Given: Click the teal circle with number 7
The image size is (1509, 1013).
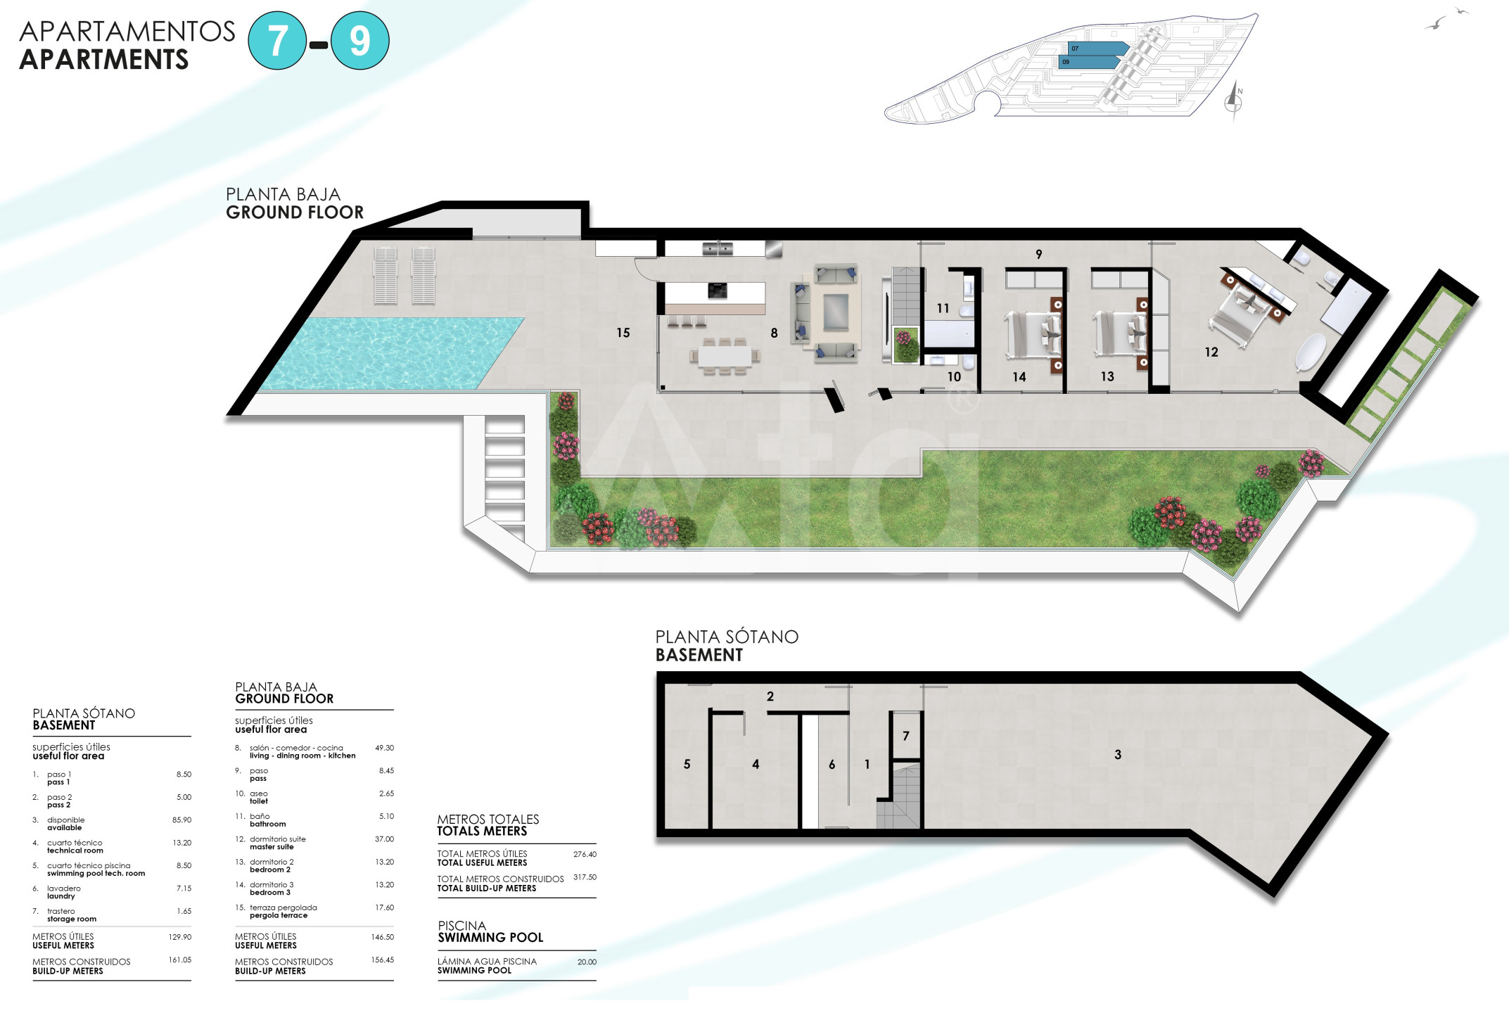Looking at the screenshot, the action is coord(278,41).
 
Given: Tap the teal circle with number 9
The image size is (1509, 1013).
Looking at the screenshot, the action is coord(360,41).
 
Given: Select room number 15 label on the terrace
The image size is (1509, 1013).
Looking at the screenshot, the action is coord(623,333).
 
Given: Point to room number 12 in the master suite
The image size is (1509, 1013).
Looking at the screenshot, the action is coord(1211,352).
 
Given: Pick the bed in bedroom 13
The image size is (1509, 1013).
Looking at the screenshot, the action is coord(1119,334).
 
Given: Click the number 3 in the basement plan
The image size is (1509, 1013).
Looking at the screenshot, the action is coord(1118,755).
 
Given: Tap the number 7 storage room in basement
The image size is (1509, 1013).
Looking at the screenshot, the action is coord(906,736).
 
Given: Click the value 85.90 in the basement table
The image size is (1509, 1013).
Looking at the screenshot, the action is coord(182,820).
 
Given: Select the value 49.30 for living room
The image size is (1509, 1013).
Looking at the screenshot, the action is coord(384,748).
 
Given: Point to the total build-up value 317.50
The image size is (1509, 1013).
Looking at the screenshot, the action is coord(585,877).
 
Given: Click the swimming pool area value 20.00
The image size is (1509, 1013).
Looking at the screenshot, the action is coord(587,962).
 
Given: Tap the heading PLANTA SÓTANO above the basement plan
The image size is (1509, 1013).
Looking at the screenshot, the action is coord(727,637).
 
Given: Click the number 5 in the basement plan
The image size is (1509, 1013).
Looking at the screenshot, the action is coord(687,764).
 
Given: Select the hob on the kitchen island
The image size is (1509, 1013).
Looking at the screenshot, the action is coord(717,291).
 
